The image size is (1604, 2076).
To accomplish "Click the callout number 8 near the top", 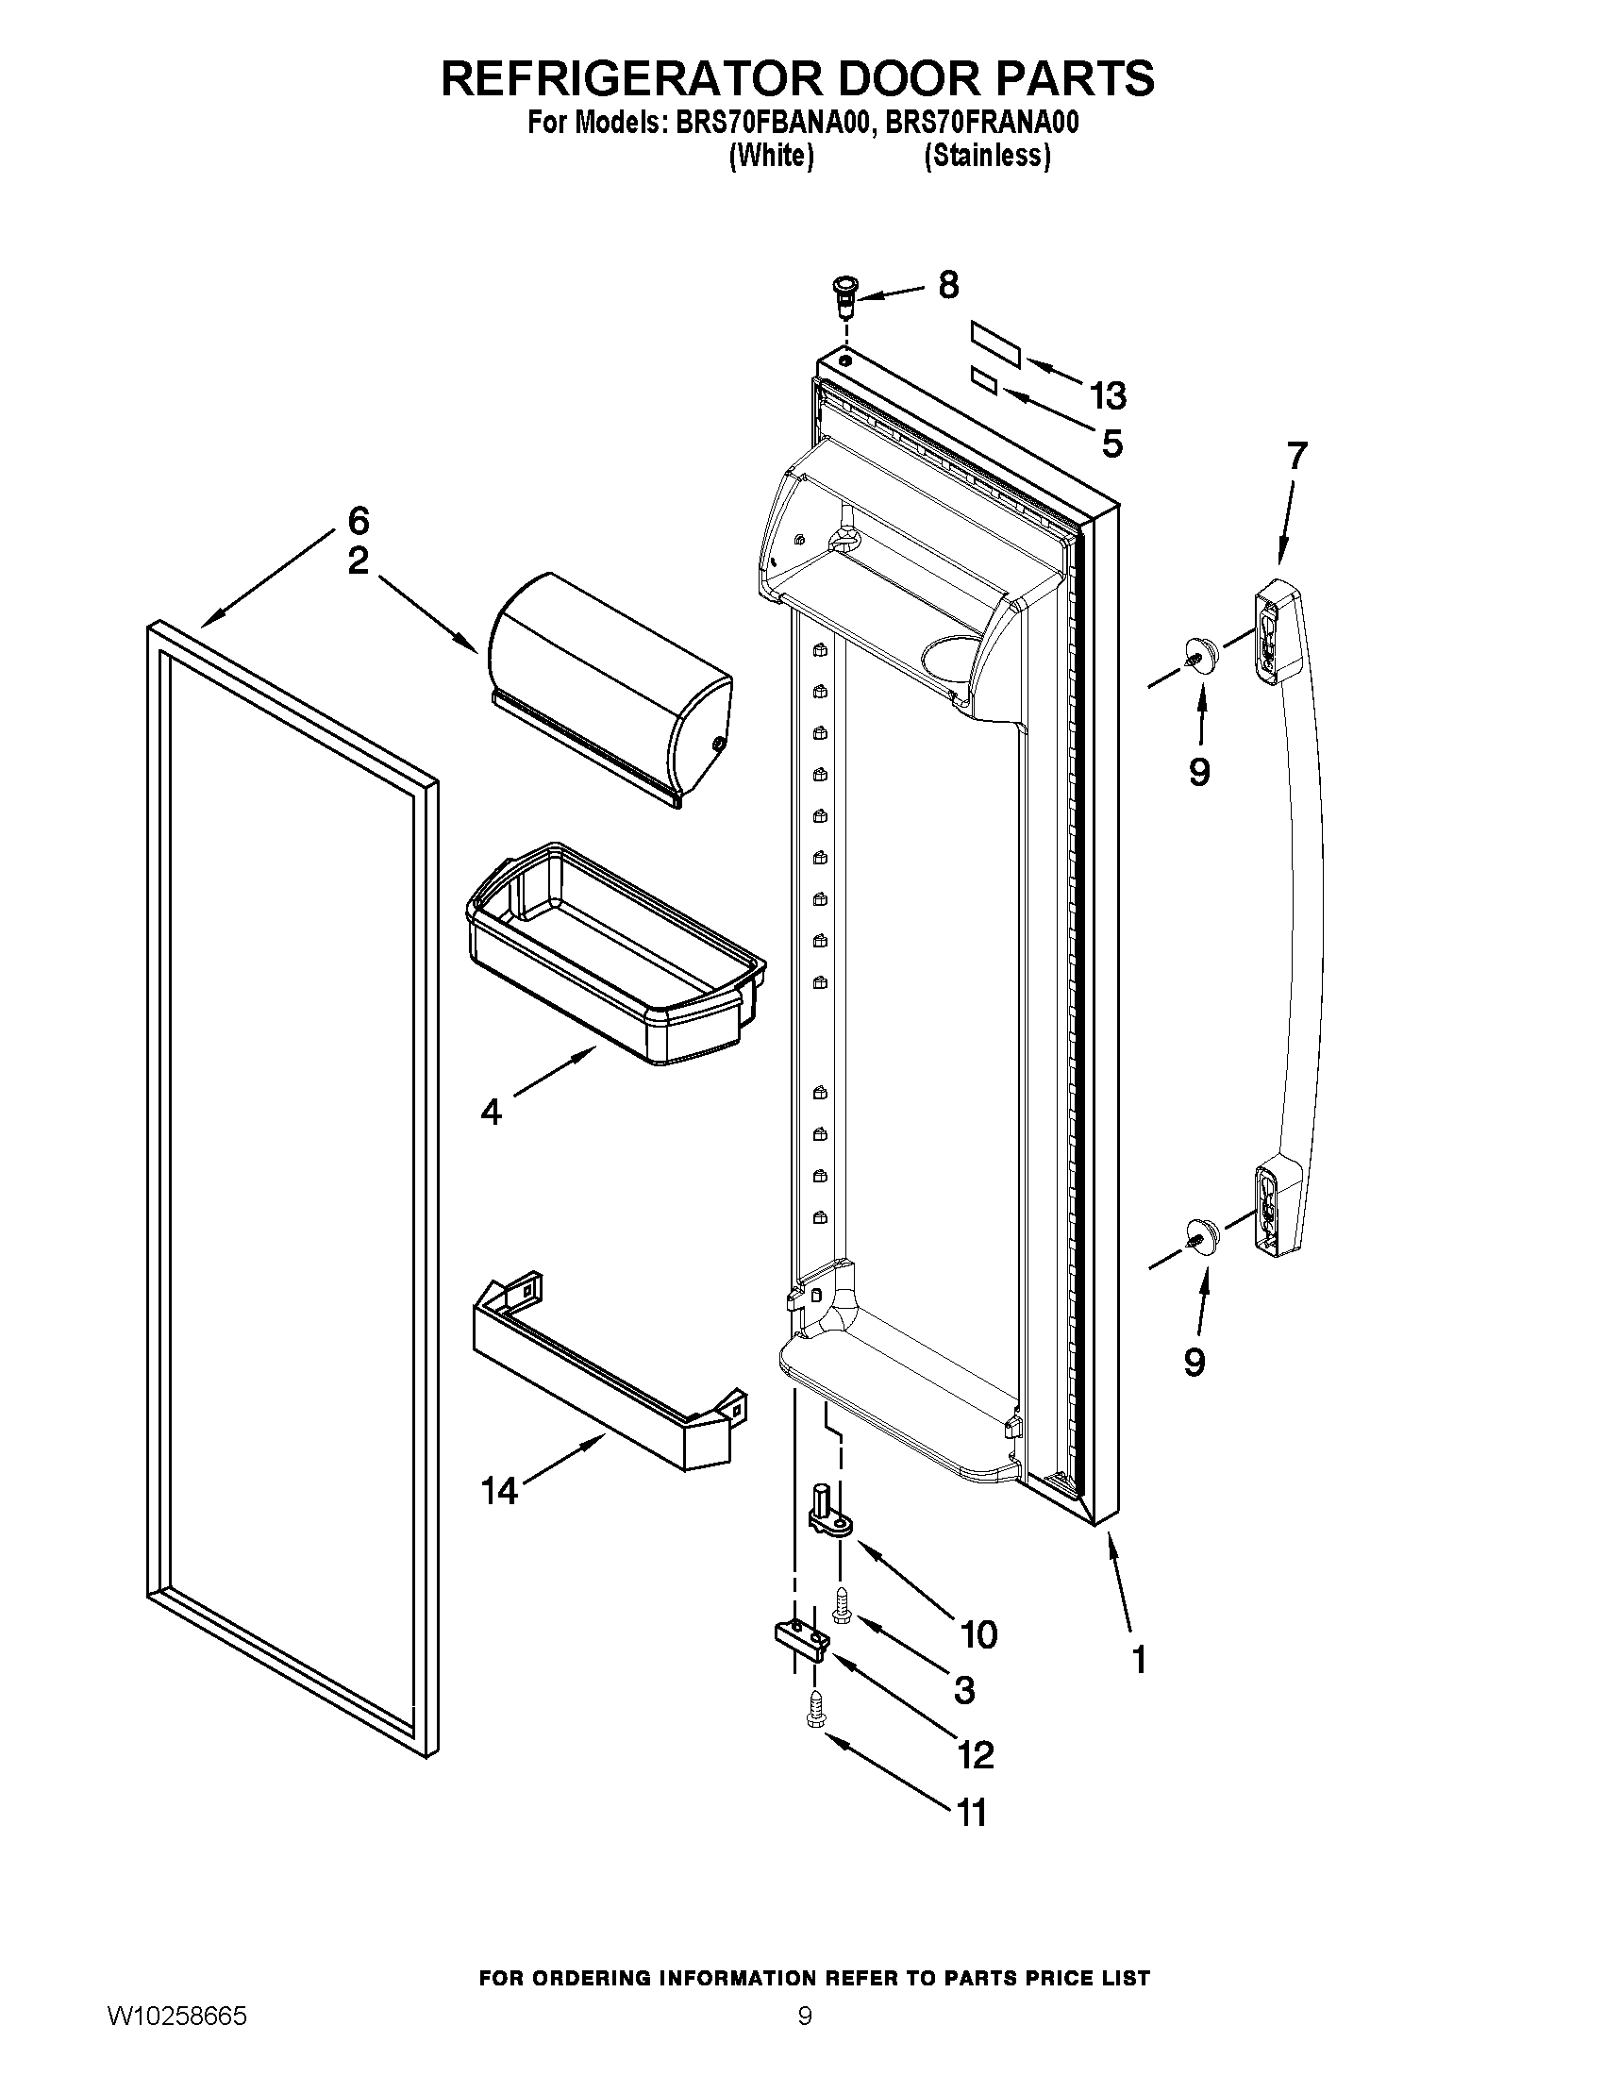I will click(x=948, y=285).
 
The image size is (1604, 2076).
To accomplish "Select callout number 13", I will click(x=1108, y=395).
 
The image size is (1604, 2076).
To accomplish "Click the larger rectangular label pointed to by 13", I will click(x=994, y=344).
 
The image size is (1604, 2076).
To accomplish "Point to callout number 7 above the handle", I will click(x=1297, y=456).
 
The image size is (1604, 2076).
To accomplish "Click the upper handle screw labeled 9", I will click(x=1200, y=654).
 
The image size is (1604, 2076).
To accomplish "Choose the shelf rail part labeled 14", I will click(x=609, y=1369).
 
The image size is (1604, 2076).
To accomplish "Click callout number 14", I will click(x=499, y=1489).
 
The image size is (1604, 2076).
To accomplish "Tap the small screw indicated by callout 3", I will click(x=841, y=1606).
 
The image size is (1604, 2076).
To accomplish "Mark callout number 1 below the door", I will click(x=1140, y=1659).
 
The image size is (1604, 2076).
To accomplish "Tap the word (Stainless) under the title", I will click(x=987, y=156).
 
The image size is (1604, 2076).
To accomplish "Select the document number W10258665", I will click(x=176, y=2035).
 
